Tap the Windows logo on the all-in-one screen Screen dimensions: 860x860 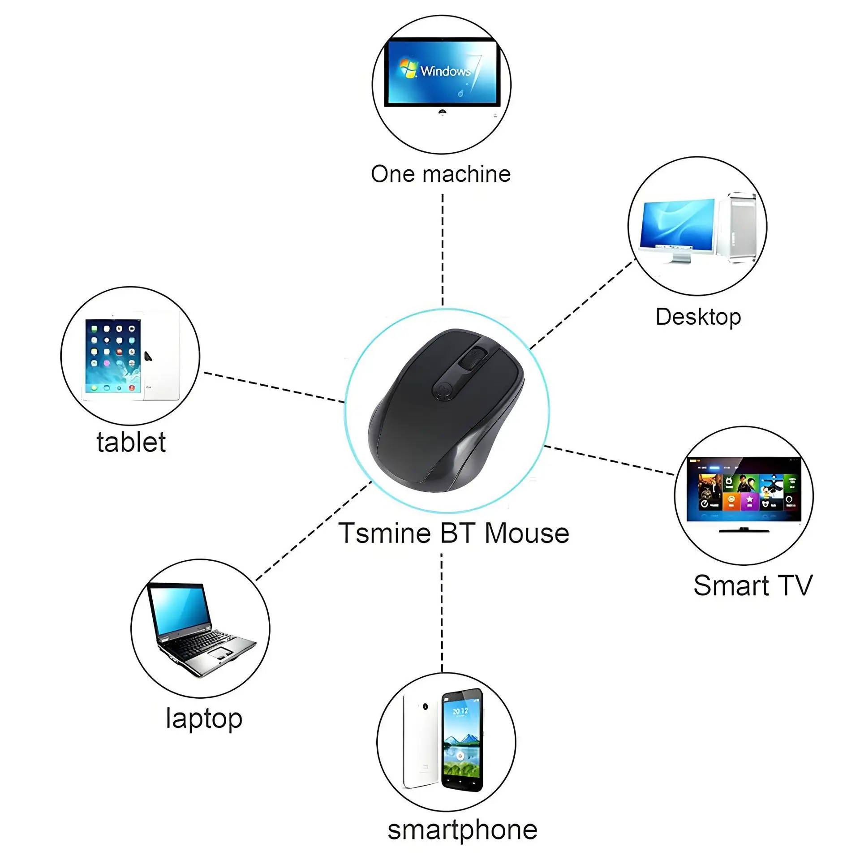pyautogui.click(x=408, y=69)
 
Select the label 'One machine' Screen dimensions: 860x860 pyautogui.click(x=441, y=174)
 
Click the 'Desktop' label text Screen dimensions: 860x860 pyautogui.click(x=698, y=317)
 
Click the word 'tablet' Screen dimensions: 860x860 pyautogui.click(x=131, y=442)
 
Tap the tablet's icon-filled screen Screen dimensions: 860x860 pyautogui.click(x=113, y=356)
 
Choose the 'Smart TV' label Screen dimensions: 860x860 pyautogui.click(x=752, y=585)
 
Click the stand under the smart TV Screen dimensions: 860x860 pyautogui.click(x=744, y=530)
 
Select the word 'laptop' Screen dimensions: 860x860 pyautogui.click(x=204, y=718)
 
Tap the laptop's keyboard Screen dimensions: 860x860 pyautogui.click(x=202, y=644)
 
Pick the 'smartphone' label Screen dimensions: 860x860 pyautogui.click(x=462, y=830)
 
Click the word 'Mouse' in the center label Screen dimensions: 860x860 pyautogui.click(x=527, y=533)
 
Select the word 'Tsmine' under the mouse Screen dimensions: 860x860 pyautogui.click(x=384, y=533)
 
